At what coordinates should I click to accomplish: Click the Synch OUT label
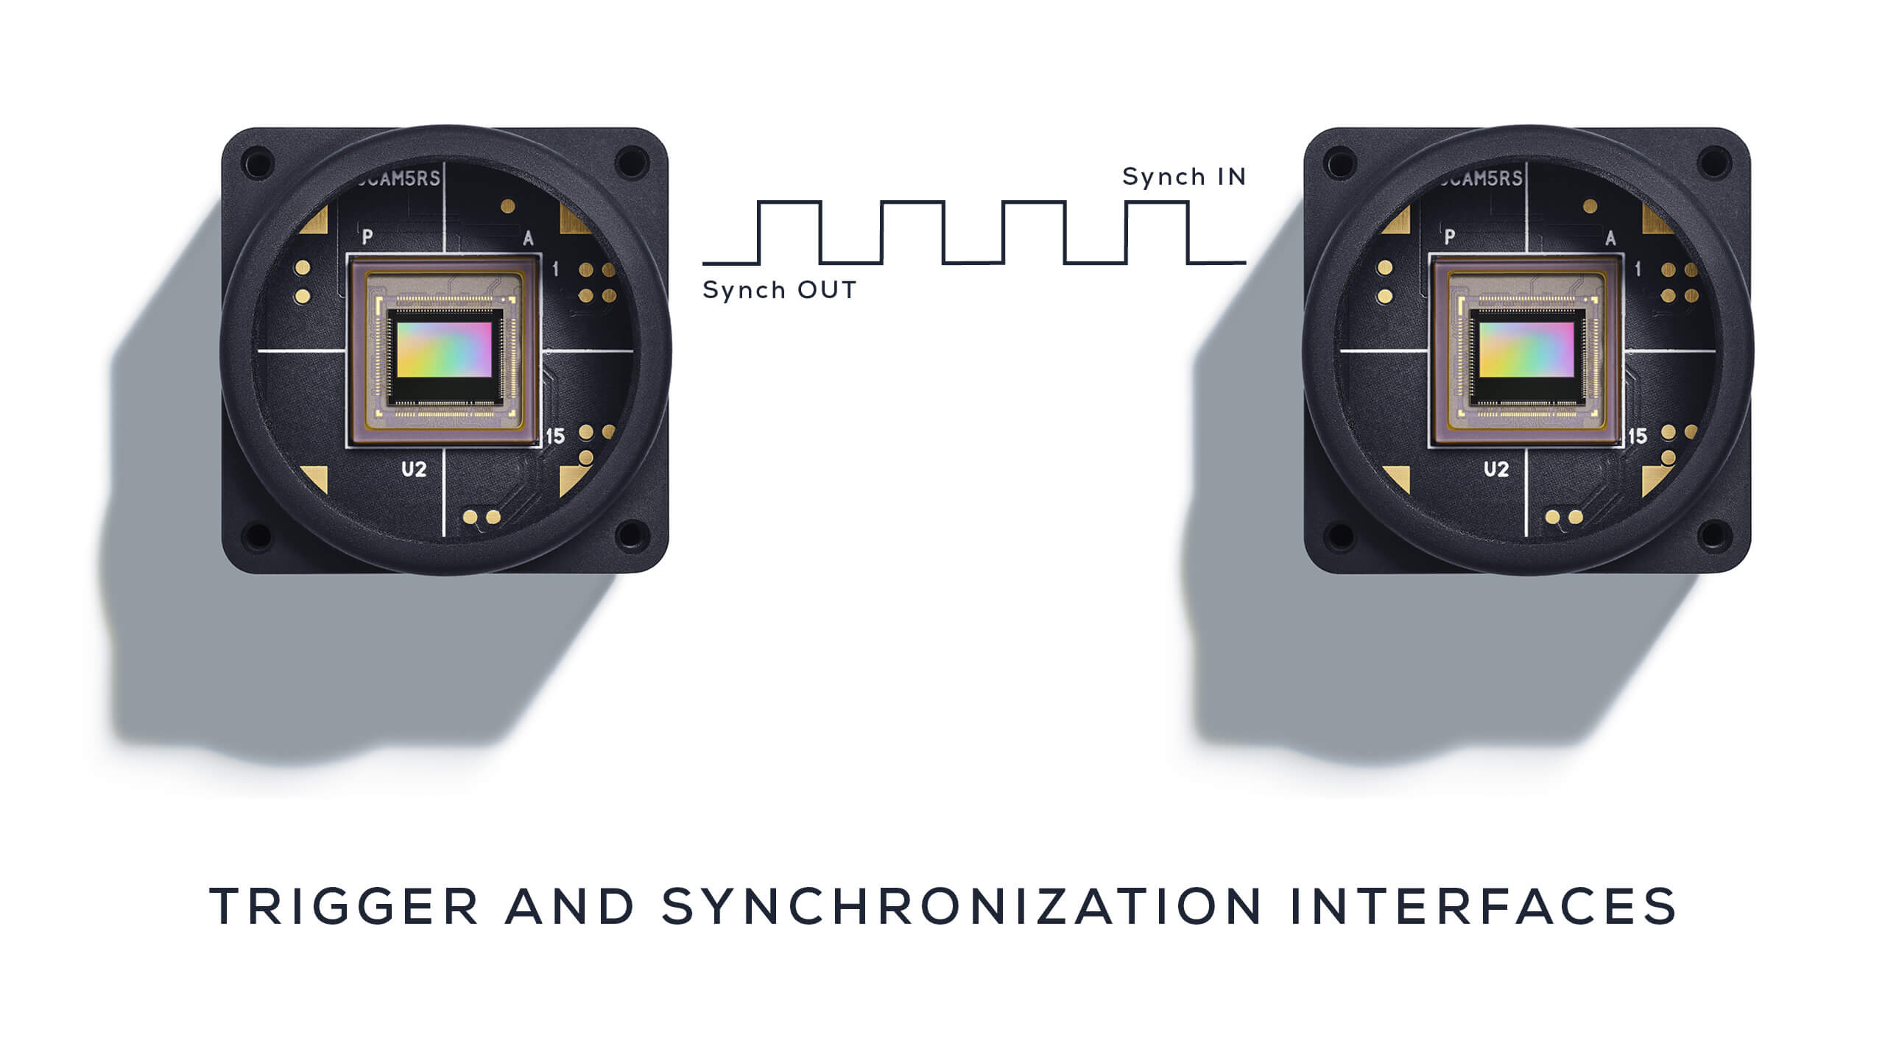point(779,290)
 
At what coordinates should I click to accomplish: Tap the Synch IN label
point(1183,177)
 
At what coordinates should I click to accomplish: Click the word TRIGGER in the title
point(344,906)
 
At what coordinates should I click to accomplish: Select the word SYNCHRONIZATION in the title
point(962,906)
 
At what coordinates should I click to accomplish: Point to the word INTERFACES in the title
point(1483,906)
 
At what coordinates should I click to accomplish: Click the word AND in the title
point(570,906)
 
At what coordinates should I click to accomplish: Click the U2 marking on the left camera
point(414,469)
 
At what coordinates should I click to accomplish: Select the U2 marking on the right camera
point(1496,469)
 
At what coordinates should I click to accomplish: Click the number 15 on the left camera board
point(554,437)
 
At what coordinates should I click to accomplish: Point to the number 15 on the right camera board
point(1637,437)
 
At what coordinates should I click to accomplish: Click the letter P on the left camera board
point(367,237)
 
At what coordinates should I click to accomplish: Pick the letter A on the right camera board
point(1610,239)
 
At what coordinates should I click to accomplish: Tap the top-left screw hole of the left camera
point(257,162)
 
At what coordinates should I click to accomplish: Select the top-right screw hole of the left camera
point(633,162)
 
